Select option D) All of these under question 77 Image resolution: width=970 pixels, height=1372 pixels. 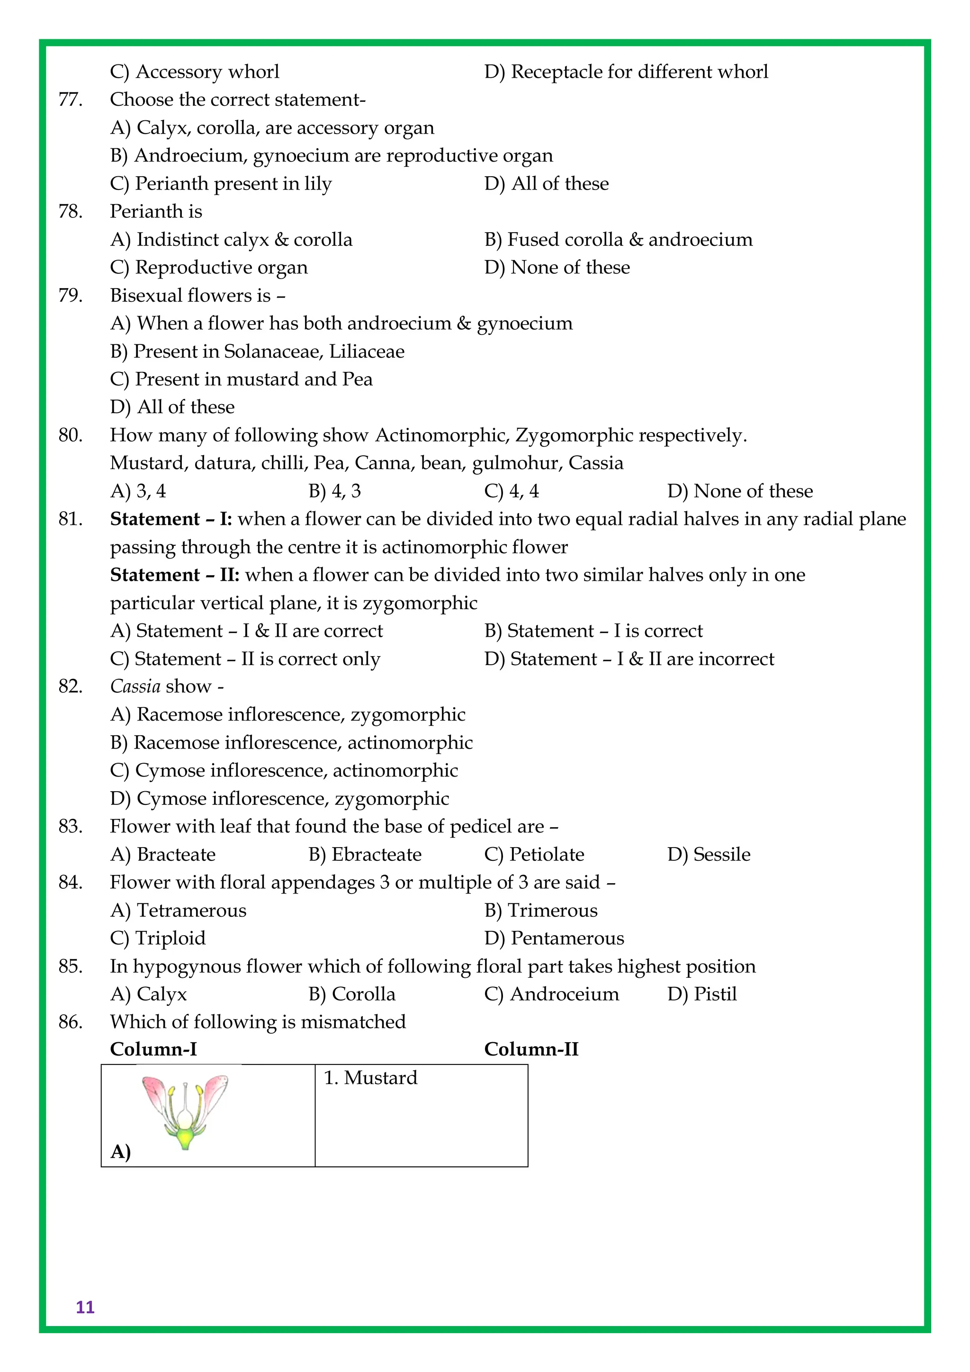(546, 183)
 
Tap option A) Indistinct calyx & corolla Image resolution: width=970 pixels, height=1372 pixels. (231, 240)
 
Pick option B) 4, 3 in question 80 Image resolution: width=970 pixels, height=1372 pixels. (334, 491)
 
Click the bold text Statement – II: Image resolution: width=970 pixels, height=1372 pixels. (174, 575)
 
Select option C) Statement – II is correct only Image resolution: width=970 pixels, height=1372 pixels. (245, 659)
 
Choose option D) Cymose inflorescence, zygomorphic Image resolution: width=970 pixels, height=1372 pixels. (279, 799)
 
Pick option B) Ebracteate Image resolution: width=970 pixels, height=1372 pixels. (365, 855)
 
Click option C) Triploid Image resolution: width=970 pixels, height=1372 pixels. (158, 938)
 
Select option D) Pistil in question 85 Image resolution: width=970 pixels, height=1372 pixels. (702, 994)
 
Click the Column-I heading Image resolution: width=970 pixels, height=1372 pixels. (153, 1049)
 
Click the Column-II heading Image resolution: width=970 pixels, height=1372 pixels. (531, 1049)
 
